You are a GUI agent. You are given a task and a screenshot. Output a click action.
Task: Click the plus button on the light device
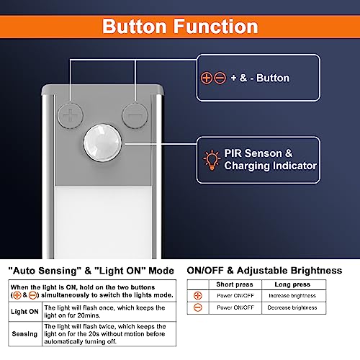(71, 115)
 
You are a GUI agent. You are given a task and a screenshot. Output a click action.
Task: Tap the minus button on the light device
(135, 115)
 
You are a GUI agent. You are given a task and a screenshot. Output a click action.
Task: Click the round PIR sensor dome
(103, 143)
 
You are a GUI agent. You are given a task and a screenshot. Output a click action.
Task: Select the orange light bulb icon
(212, 160)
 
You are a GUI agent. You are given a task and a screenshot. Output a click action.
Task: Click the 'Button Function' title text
(180, 27)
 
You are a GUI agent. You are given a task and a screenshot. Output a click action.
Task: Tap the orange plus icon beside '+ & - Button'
(207, 78)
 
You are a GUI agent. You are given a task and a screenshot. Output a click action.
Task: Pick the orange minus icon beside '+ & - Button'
(220, 78)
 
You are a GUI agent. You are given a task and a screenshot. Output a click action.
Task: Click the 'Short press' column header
(235, 284)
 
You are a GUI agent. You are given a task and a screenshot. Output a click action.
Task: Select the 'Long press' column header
(292, 284)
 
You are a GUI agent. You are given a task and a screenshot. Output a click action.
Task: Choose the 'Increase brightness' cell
(292, 296)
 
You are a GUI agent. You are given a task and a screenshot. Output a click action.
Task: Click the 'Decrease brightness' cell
(292, 307)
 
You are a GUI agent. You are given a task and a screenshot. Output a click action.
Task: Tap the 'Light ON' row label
(24, 312)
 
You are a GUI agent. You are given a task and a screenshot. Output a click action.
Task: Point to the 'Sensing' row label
(24, 334)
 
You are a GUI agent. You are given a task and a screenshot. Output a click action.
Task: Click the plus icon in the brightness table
(198, 296)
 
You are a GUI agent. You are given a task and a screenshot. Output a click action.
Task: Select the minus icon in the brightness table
(198, 307)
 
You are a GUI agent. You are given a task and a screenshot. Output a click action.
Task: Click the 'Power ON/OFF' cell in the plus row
(235, 296)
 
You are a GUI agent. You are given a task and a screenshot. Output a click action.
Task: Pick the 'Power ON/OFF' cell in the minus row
(235, 307)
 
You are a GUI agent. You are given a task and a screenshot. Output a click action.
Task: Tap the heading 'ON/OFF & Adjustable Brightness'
(264, 271)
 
